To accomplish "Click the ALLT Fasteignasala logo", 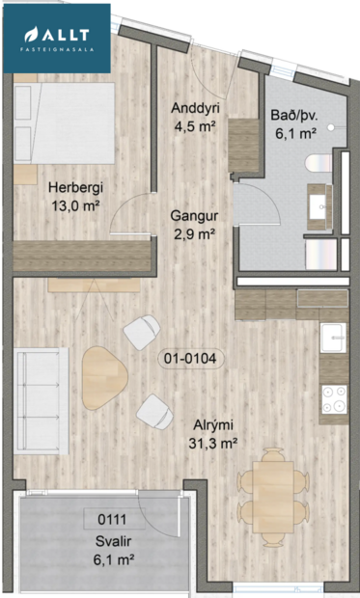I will coord(56,36).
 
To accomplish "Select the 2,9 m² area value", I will coord(192,232).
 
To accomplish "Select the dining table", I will coord(270,490).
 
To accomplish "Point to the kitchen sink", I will coord(334,340).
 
